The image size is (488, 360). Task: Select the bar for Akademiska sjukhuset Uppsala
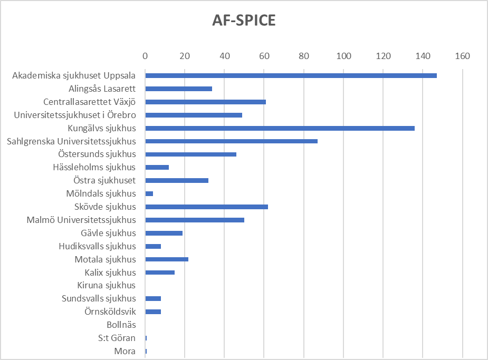[x=291, y=75]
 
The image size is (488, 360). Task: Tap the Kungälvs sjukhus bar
[x=280, y=128]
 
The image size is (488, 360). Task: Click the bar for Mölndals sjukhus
[x=149, y=193]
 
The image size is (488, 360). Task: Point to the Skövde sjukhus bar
[x=206, y=207]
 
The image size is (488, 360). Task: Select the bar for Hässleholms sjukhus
[x=157, y=167]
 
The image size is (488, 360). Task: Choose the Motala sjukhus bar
[x=167, y=259]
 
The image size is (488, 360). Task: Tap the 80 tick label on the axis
[x=303, y=56]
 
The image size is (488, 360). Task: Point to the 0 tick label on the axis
[x=145, y=56]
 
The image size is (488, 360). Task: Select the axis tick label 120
[x=383, y=56]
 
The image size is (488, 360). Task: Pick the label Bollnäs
[x=121, y=325]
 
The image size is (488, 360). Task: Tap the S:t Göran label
[x=117, y=338]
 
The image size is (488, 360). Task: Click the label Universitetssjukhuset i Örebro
[x=75, y=115]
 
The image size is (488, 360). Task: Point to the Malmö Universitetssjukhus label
[x=81, y=220]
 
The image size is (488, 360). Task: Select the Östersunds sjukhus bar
[x=190, y=154]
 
